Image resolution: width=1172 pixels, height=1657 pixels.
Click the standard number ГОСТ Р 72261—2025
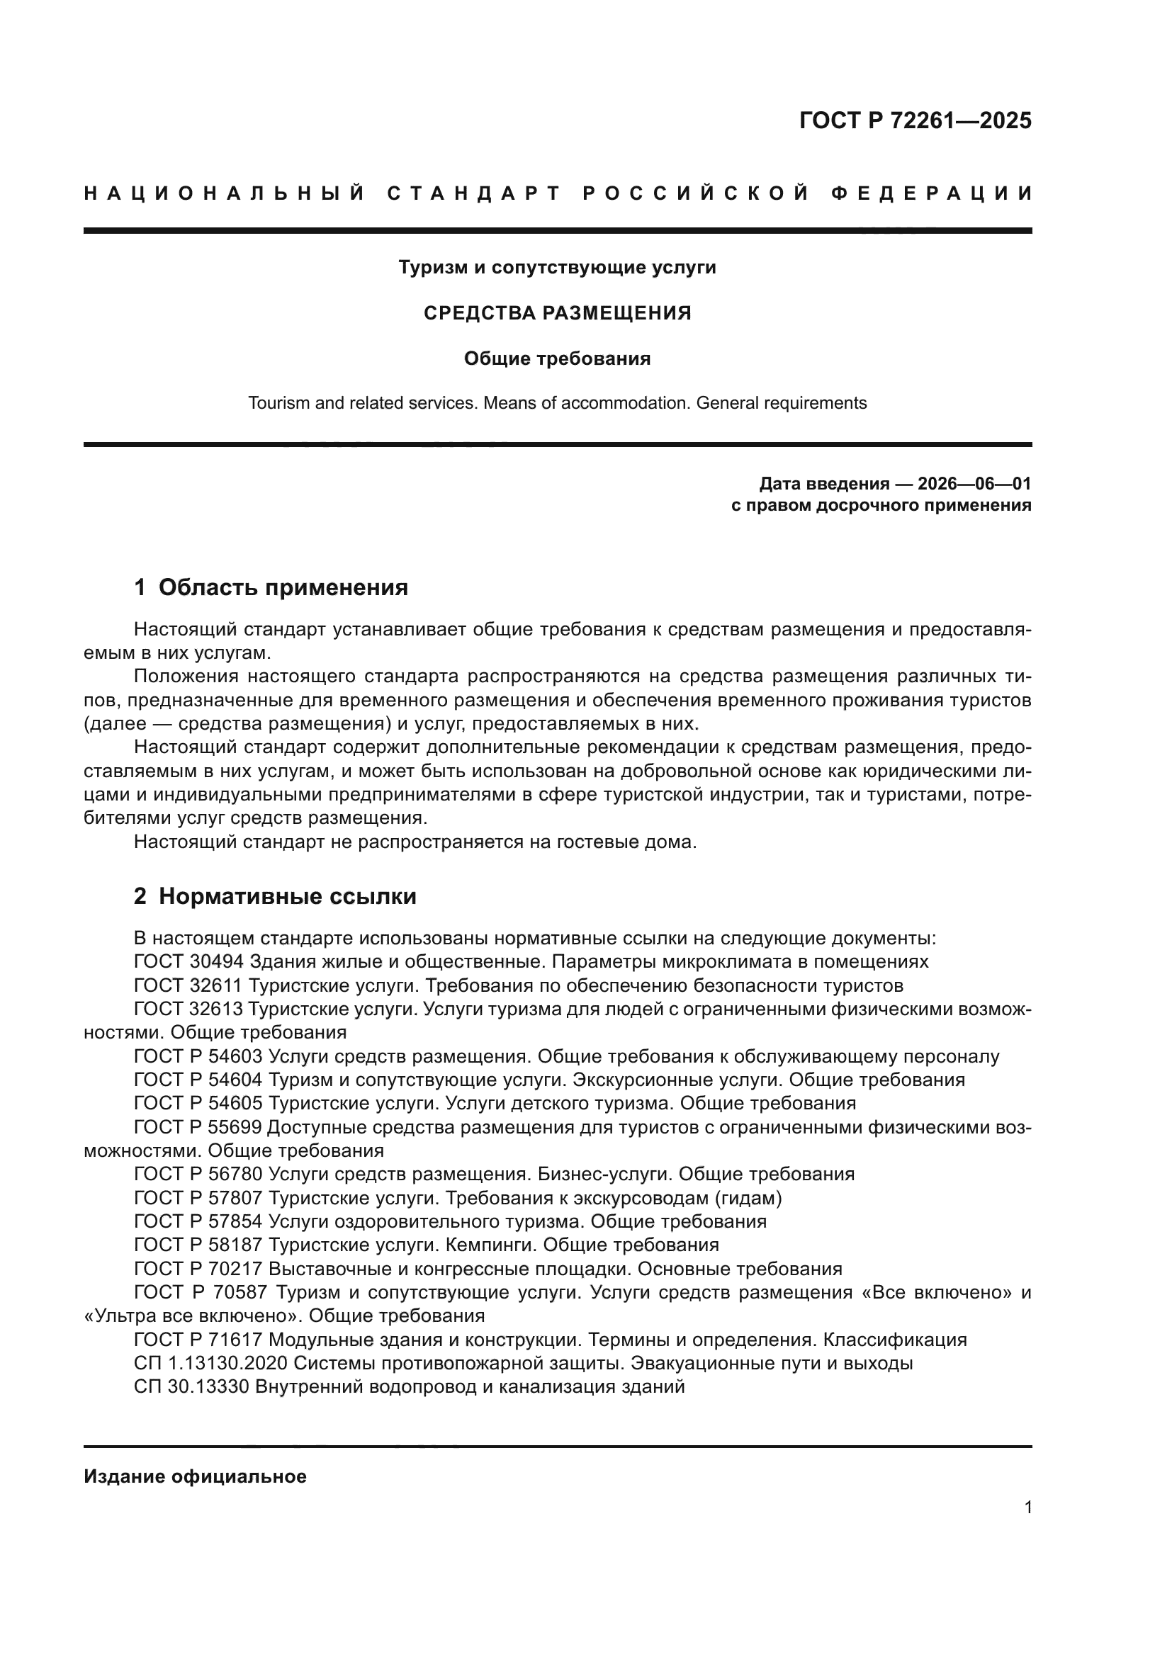[914, 120]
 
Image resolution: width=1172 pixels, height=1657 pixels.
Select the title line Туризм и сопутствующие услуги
[557, 268]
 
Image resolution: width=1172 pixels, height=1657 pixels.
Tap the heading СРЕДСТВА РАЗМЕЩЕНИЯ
[557, 313]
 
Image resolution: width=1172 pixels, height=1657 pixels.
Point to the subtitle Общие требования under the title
[557, 358]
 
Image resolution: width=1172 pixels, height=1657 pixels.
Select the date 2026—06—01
[974, 484]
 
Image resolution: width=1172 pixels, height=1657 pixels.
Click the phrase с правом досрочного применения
[881, 505]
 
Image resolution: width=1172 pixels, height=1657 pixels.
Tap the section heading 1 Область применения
[271, 587]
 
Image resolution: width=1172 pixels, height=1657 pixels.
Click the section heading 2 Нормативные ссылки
[275, 896]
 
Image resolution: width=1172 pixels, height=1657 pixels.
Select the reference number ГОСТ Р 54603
[198, 1056]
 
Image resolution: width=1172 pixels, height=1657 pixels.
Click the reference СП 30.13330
[191, 1386]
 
